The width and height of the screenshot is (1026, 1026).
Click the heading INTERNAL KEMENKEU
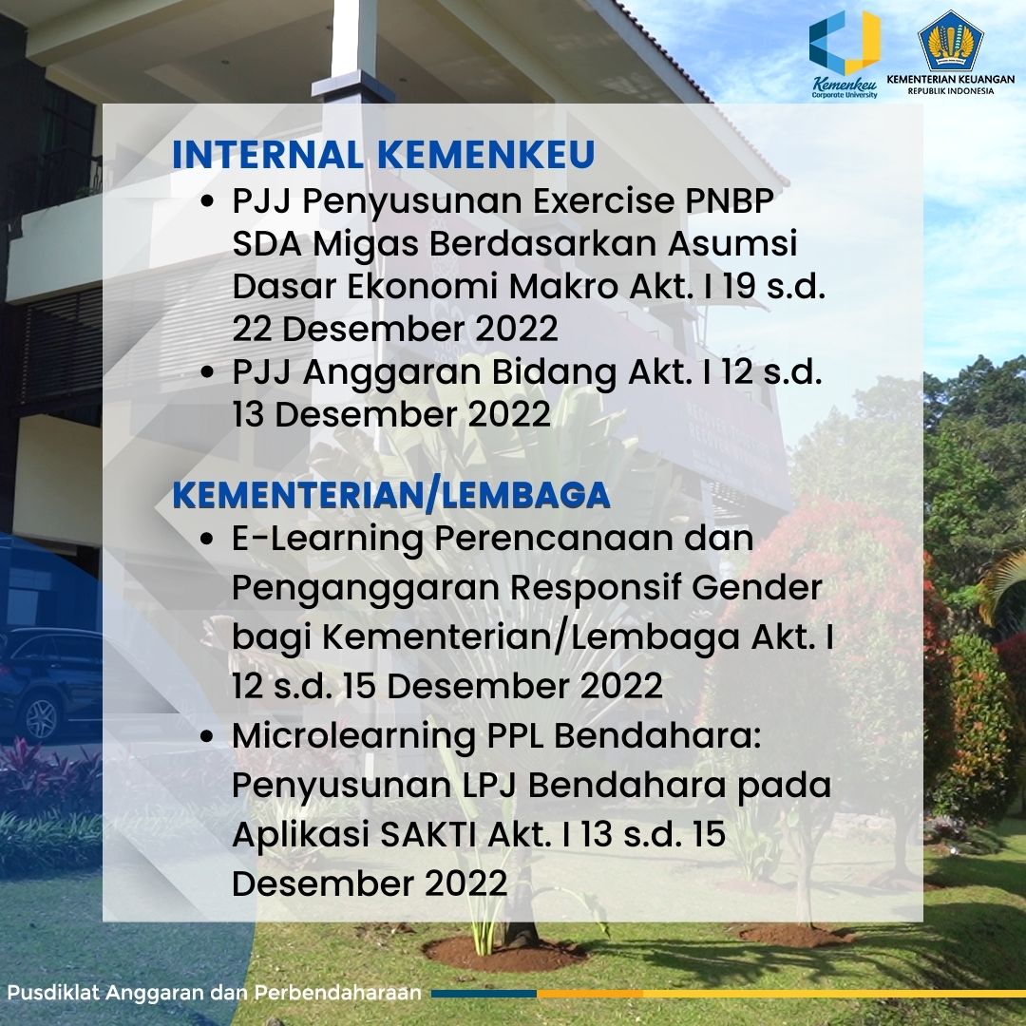point(384,155)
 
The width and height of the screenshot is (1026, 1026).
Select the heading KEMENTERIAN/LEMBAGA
point(391,495)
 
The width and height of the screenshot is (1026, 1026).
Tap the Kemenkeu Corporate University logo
point(845,55)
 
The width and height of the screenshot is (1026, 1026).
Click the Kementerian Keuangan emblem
point(951,41)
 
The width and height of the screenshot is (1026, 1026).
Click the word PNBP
point(730,200)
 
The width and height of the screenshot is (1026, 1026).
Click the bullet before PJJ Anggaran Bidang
point(207,371)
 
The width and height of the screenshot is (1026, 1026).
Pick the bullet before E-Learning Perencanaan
point(207,540)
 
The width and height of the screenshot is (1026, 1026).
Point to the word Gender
point(756,587)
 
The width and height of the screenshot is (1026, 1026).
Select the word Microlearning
point(353,737)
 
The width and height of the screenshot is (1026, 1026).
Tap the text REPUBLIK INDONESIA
point(950,91)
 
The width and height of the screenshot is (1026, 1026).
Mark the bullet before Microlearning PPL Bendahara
point(207,736)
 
